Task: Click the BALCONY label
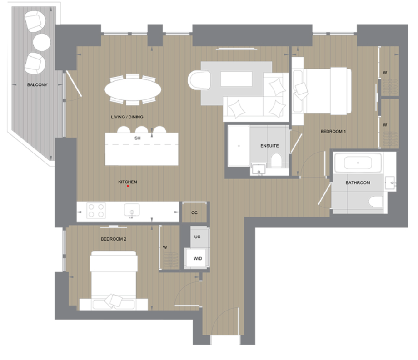37,85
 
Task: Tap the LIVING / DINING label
128,117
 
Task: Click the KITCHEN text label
128,182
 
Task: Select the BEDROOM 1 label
333,132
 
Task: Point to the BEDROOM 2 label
114,239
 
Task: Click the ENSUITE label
269,146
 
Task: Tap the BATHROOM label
358,183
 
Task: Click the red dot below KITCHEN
128,186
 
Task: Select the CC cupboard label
194,212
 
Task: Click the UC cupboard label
198,237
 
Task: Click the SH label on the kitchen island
138,137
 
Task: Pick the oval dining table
133,89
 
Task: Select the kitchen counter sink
132,211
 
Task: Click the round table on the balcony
41,42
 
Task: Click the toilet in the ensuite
276,161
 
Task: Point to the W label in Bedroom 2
165,247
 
